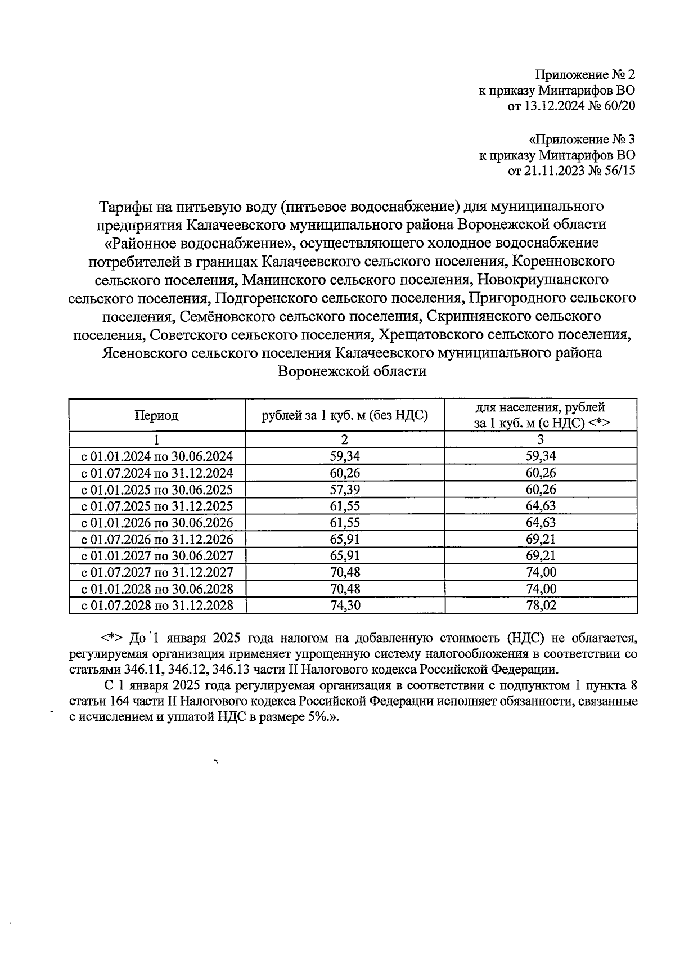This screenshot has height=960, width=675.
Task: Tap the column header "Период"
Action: click(x=156, y=416)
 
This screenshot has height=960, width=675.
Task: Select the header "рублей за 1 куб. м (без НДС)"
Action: click(x=344, y=416)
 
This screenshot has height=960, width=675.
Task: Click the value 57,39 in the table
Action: click(x=344, y=489)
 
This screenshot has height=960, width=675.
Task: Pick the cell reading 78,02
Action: click(x=541, y=605)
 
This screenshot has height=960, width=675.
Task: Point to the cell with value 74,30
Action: click(x=344, y=605)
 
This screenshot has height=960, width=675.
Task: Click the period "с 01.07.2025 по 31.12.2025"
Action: click(x=157, y=506)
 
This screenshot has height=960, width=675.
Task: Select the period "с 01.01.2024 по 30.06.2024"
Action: click(x=157, y=456)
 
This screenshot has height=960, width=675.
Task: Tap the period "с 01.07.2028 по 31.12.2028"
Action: click(x=157, y=605)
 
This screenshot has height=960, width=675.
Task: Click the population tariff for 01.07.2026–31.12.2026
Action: click(x=541, y=539)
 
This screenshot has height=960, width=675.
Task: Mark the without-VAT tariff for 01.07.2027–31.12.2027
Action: click(x=344, y=572)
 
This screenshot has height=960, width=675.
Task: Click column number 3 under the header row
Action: click(x=541, y=439)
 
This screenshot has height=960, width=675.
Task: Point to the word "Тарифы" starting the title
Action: click(x=125, y=207)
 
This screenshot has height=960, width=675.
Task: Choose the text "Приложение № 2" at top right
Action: click(x=585, y=74)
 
